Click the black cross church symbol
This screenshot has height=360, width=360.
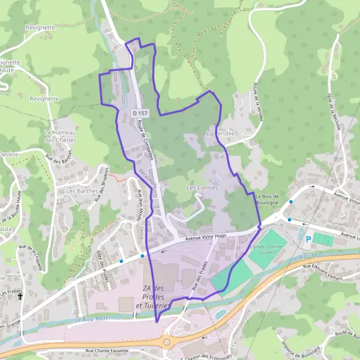pos(20,296)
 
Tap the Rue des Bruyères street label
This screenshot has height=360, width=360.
pos(100,181)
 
